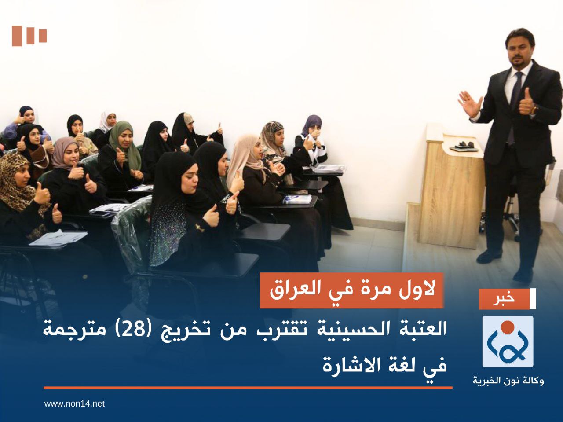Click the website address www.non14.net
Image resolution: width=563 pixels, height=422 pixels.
click(x=74, y=404)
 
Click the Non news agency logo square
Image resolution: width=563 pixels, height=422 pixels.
click(x=508, y=341)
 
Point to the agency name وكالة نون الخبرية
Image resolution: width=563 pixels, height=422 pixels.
click(x=508, y=381)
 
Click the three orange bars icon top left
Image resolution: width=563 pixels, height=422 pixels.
click(x=29, y=36)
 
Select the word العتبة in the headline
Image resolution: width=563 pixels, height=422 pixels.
click(x=416, y=330)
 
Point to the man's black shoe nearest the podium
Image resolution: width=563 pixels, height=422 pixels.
click(x=489, y=256)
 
